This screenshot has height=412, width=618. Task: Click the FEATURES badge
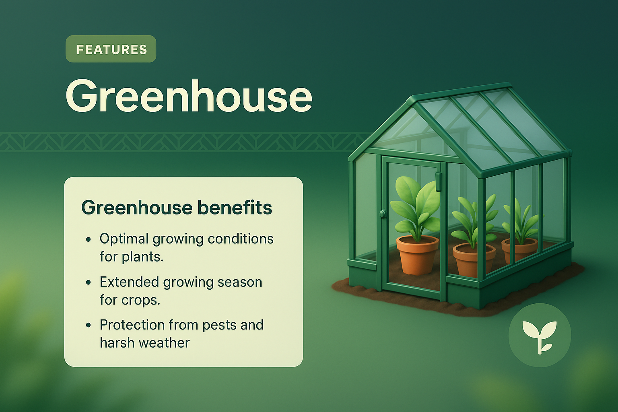pos(111,49)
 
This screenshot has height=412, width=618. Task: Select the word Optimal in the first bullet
pos(124,239)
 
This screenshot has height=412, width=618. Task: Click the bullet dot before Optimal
pos(89,239)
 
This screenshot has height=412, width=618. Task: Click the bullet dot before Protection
pos(89,325)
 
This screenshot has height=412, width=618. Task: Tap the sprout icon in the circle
pos(540,335)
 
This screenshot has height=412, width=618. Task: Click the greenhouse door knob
pos(383,213)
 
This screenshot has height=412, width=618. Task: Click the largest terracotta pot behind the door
pos(417,255)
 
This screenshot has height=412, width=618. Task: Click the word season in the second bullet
pos(239,282)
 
